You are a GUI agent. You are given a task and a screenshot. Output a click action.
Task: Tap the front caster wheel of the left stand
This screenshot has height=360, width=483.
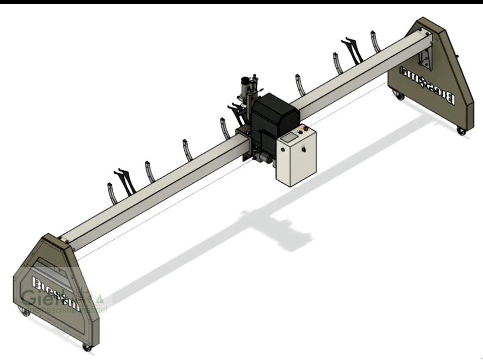tap(87, 348)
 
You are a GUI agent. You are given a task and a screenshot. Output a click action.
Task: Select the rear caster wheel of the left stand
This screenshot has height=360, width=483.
tap(22, 310)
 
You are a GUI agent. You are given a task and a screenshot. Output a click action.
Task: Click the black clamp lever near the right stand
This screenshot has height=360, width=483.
tap(351, 47)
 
